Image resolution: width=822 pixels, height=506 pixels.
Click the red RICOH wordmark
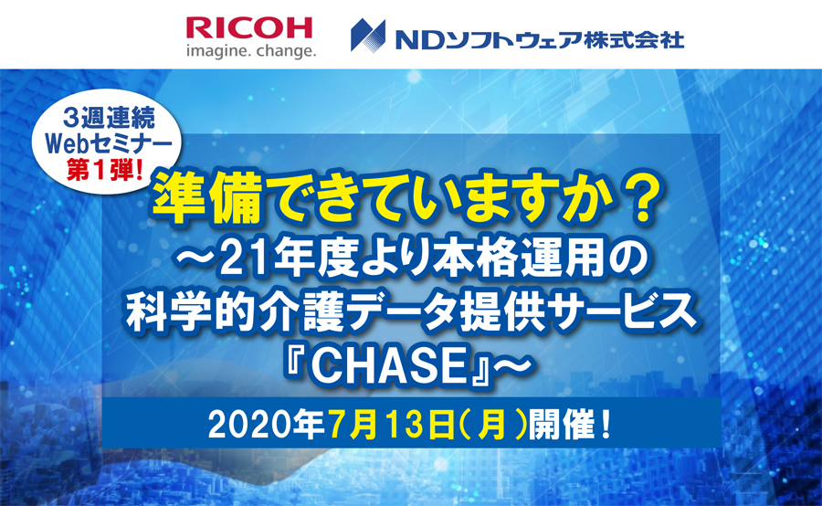(x=249, y=28)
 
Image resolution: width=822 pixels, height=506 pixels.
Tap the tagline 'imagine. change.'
(x=251, y=51)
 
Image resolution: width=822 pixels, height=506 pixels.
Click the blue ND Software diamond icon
(x=368, y=36)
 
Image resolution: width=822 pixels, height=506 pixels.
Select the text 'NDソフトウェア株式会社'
(x=540, y=40)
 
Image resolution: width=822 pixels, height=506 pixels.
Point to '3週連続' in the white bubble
(x=109, y=119)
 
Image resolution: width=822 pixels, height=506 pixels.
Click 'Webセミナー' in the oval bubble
(x=109, y=144)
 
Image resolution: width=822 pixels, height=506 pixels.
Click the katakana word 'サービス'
(x=624, y=313)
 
